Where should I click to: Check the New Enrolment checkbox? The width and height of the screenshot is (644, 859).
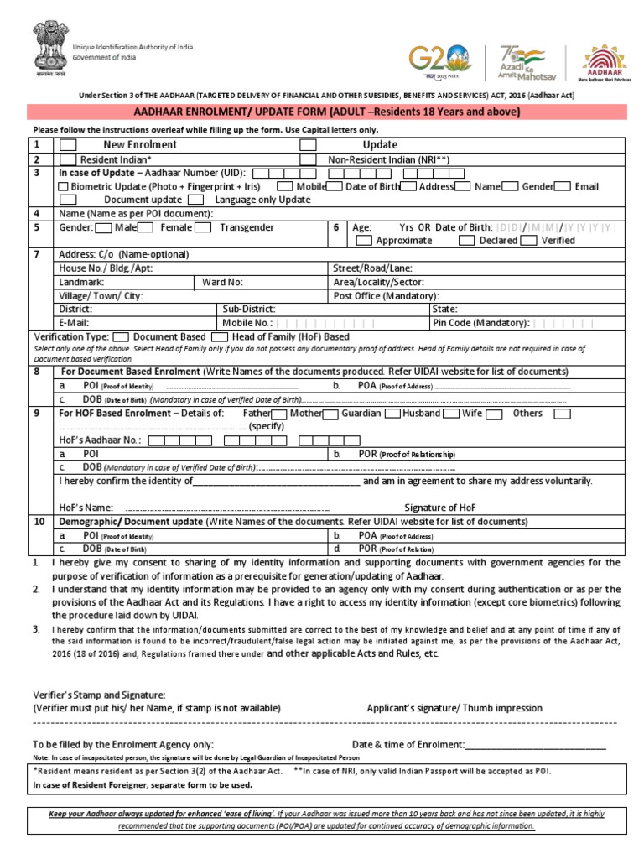point(67,145)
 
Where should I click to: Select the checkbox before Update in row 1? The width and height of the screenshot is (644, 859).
point(308,145)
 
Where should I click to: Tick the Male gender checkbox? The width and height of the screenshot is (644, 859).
point(104,227)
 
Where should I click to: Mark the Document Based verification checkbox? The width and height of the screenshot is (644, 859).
point(121,336)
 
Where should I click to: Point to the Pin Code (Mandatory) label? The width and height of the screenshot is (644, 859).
point(480,322)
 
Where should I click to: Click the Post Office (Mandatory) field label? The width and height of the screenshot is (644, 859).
point(386,296)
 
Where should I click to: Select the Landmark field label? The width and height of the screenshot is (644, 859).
point(81,283)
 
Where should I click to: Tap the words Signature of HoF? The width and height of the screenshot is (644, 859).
point(441,508)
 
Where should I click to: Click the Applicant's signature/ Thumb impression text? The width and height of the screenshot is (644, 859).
point(454,708)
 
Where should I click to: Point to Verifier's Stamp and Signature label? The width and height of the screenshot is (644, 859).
point(99,695)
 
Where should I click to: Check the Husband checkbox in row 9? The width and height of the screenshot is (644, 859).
point(449,414)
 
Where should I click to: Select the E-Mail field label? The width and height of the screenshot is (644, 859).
point(74,322)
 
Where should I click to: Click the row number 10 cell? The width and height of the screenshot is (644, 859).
point(39,521)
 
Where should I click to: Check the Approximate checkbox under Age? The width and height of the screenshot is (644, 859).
point(364,241)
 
